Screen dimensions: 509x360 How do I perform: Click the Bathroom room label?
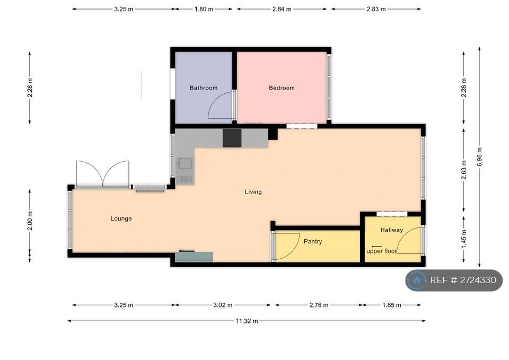coord(204,88)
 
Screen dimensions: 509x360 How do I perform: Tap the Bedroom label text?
coord(282,88)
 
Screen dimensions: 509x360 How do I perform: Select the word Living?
coord(253,192)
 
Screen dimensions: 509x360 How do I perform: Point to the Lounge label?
coord(121,219)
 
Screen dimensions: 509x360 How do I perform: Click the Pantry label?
coord(313,242)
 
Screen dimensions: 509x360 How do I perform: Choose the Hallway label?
coord(391,230)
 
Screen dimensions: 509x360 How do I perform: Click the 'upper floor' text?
coord(382,251)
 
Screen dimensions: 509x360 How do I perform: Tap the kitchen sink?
coord(185,164)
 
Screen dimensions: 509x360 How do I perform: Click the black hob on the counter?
coord(232,138)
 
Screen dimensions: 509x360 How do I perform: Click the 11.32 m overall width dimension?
coord(247,321)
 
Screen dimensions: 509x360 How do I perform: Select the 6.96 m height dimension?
coord(480,157)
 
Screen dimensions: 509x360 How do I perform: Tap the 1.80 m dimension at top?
coord(204,9)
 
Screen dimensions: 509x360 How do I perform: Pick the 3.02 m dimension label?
coord(223,305)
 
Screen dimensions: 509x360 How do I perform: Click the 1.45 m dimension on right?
coord(464,239)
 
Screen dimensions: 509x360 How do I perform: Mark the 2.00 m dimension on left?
coord(30,221)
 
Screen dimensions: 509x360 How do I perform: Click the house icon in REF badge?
coord(417,280)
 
